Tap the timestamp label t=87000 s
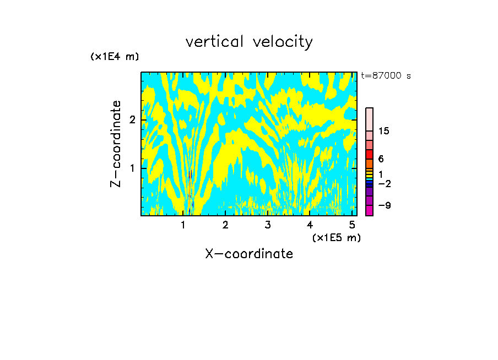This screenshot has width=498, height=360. coord(386,76)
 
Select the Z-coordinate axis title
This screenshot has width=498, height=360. coord(116,144)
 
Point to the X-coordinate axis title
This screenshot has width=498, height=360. coord(249,254)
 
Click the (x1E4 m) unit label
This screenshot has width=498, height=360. coord(115,57)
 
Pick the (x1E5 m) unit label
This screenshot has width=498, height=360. coord(336,237)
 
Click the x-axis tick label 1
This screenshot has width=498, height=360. coord(183,225)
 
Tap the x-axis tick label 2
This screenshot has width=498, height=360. coord(225,225)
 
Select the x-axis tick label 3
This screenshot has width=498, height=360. coord(267,225)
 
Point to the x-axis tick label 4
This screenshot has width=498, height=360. coord(310,225)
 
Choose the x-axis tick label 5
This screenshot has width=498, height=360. coord(351,225)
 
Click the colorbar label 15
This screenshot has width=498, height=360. coord(385,131)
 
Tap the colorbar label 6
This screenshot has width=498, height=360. coord(381,159)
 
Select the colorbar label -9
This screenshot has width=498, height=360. coord(385,205)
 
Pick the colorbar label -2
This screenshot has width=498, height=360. coord(385,183)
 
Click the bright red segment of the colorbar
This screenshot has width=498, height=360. coord(369,154)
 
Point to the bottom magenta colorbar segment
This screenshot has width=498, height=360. coord(369,210)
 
